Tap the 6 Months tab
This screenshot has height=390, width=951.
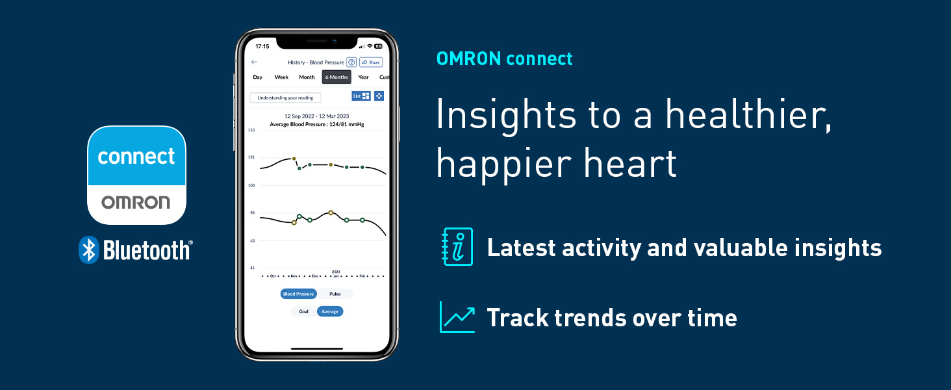[x=336, y=77]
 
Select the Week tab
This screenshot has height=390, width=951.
[x=281, y=77]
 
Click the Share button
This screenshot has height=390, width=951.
[x=371, y=62]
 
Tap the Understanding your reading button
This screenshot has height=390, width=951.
[x=285, y=97]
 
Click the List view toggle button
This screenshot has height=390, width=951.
[x=361, y=96]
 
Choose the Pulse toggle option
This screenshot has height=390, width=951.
[x=335, y=294]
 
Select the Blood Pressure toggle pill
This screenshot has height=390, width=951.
[x=298, y=294]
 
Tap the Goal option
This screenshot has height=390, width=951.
[x=303, y=311]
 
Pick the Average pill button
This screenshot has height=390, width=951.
[x=330, y=311]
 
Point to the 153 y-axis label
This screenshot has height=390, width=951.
[x=251, y=130]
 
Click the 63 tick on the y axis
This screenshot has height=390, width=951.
[x=251, y=240]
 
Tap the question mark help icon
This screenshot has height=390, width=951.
[x=351, y=62]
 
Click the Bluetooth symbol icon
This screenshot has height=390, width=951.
[x=88, y=250]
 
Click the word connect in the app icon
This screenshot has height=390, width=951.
[x=136, y=157]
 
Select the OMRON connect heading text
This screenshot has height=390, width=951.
[x=505, y=58]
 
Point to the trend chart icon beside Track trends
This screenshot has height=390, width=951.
[x=457, y=317]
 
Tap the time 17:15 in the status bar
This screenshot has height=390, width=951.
[x=262, y=47]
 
